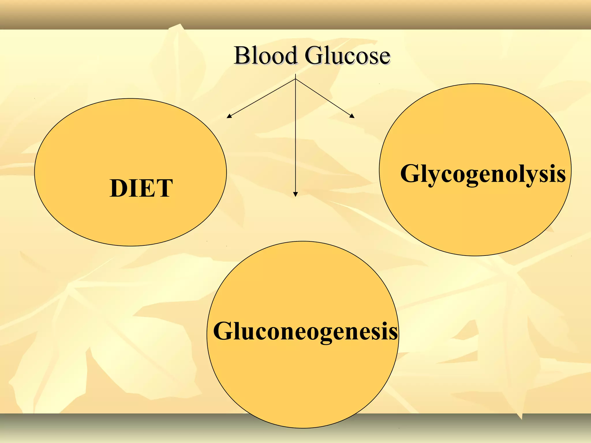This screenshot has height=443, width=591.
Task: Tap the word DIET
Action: point(141,188)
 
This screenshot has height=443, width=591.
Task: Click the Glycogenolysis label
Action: point(483,174)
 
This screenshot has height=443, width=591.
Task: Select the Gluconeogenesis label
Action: point(305,331)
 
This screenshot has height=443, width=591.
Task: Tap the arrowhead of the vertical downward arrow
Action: point(295,194)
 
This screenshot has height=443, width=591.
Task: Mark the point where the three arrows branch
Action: point(295,79)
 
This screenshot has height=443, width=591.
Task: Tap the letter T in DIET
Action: point(164,188)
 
